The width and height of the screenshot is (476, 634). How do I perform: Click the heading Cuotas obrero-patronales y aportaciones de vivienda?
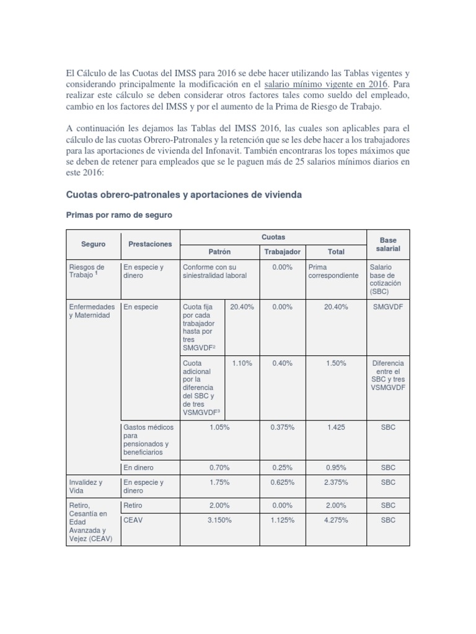point(184,194)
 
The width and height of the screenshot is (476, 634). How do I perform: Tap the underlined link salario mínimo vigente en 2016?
point(326,83)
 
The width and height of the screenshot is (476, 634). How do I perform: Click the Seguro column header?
point(93,244)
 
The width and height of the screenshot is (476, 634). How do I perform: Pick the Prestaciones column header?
point(150,244)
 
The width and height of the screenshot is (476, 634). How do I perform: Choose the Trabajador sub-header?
point(282,252)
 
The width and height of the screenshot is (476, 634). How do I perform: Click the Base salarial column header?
point(388,244)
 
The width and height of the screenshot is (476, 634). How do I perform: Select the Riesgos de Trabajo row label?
point(87,271)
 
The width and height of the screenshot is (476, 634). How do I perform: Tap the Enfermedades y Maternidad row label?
point(92,311)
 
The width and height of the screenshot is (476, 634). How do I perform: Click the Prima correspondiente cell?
point(333,271)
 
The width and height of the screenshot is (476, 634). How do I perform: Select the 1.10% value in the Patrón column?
point(242,363)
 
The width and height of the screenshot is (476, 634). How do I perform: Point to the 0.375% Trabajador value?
point(282,427)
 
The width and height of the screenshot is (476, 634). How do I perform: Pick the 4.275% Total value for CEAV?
point(335,520)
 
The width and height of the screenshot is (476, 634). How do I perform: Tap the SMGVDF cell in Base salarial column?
point(388,306)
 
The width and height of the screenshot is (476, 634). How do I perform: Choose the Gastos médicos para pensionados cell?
point(149,440)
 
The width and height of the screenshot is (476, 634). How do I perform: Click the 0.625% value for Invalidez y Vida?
point(282,482)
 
